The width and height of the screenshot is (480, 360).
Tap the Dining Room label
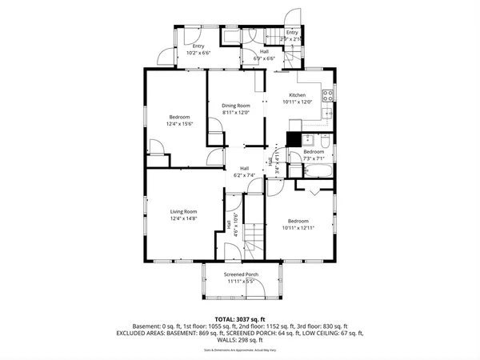click(x=236, y=106)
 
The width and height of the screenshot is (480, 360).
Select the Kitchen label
click(x=298, y=95)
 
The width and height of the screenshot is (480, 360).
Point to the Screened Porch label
click(x=240, y=275)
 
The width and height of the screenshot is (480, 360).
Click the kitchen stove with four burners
click(x=326, y=97)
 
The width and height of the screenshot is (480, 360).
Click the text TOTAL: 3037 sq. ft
click(x=240, y=318)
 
